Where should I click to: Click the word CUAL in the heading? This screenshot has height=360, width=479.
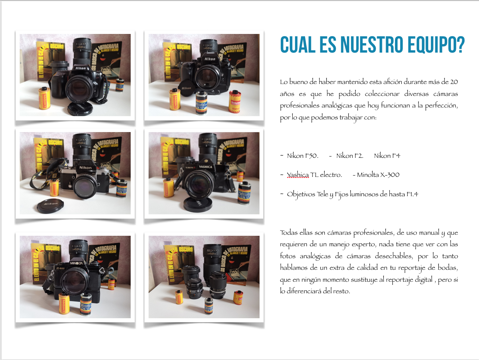click(298, 44)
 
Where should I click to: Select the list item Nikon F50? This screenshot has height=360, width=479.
click(302, 156)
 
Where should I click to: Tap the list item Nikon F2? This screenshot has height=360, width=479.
click(349, 156)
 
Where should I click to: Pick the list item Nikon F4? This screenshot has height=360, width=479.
click(387, 156)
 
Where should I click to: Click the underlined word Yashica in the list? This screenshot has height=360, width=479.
click(298, 175)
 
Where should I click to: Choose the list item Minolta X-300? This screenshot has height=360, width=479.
click(378, 175)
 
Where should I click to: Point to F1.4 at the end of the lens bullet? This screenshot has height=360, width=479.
click(412, 194)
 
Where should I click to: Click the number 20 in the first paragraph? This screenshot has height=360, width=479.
click(454, 82)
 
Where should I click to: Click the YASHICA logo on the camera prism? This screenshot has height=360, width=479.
click(205, 167)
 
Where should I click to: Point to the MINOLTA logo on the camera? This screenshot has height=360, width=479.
click(76, 263)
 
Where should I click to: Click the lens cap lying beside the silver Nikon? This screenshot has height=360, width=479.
click(50, 206)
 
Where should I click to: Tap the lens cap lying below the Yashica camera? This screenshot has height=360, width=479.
click(198, 204)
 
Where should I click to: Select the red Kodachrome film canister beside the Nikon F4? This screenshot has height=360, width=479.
click(234, 101)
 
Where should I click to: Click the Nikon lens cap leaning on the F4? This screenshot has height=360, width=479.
click(186, 88)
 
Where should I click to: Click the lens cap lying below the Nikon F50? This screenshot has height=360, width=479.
click(80, 108)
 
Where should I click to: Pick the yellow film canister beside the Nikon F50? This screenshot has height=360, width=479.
click(44, 98)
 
